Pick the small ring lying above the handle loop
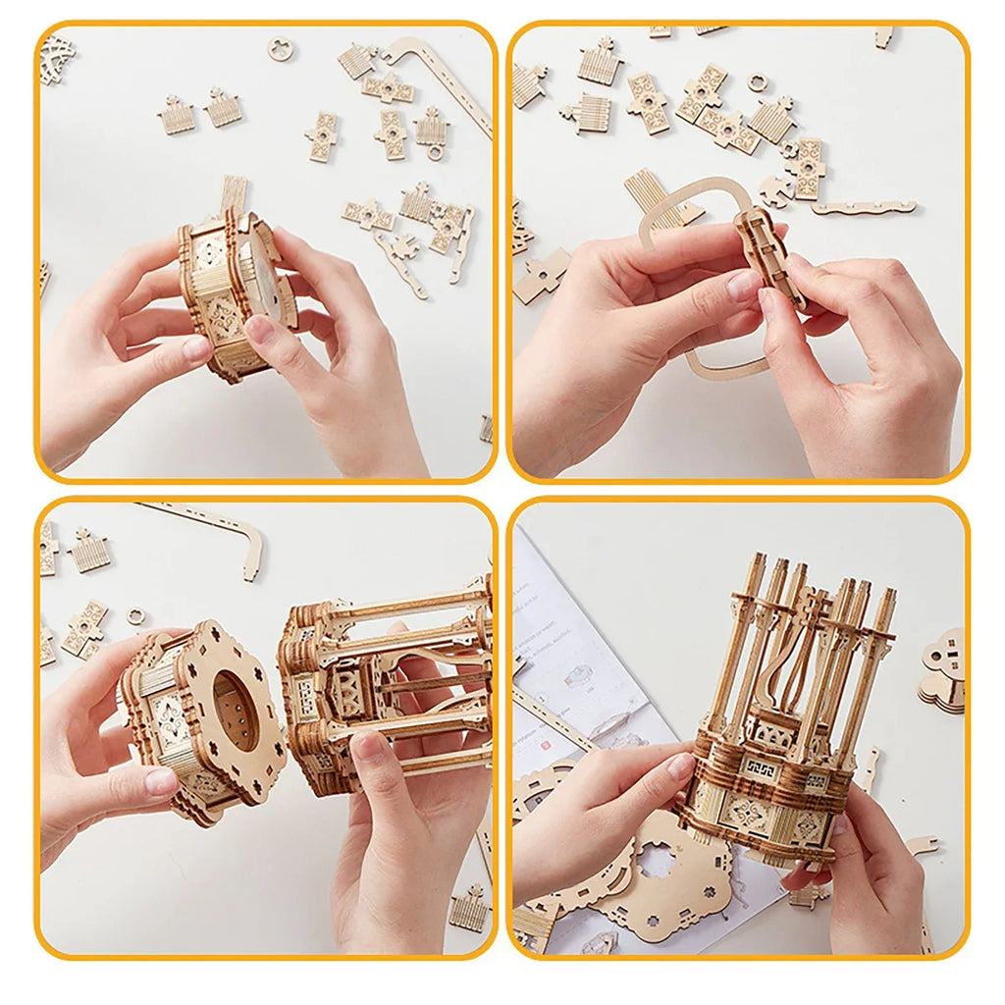click(757, 81)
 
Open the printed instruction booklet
click(579, 648)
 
